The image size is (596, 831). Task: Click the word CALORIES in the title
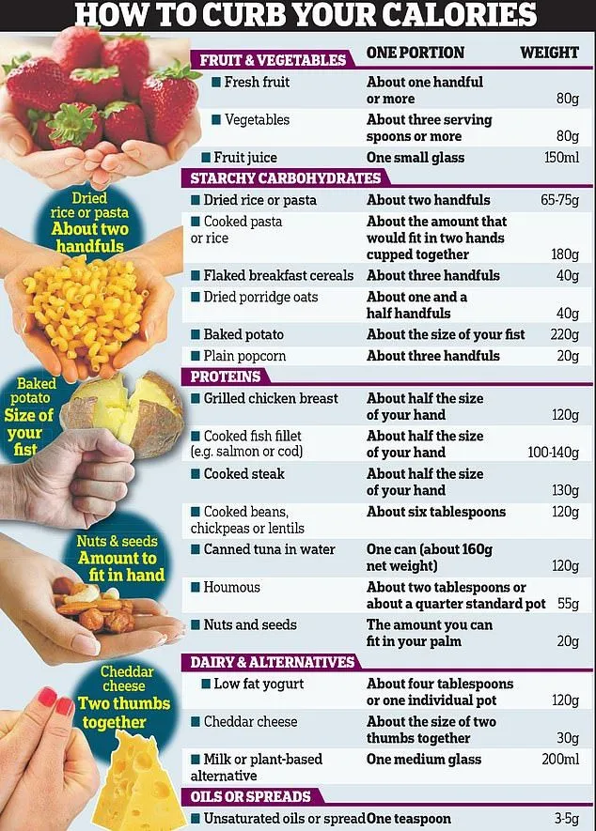(455, 15)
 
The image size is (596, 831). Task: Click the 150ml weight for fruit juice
(561, 158)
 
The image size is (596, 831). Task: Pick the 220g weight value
(564, 334)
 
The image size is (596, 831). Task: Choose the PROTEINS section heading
(226, 377)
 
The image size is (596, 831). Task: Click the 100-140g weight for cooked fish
(553, 453)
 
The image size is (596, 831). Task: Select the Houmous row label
(231, 587)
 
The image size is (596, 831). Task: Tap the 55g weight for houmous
(567, 603)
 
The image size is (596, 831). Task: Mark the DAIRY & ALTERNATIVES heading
(273, 662)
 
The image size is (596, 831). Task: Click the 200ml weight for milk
(560, 759)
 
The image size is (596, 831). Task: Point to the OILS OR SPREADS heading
(250, 796)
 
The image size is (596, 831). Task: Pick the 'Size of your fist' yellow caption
(27, 432)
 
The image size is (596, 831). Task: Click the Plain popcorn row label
(244, 356)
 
